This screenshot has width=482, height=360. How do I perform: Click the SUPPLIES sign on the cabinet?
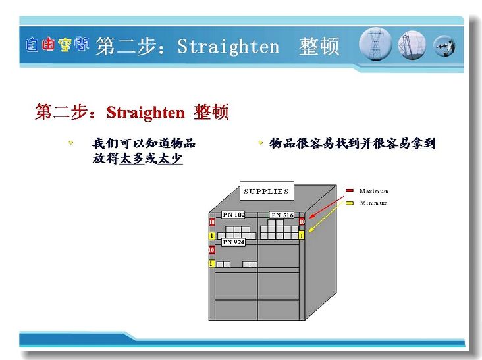coord(267,191)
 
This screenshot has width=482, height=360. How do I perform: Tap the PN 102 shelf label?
coord(233,215)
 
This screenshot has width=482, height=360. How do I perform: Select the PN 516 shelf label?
coord(282,215)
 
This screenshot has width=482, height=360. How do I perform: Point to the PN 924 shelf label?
coord(233,242)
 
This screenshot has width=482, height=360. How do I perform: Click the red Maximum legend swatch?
coord(350,190)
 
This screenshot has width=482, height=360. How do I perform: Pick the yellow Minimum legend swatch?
coord(350,203)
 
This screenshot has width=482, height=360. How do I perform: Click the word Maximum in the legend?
coord(374,191)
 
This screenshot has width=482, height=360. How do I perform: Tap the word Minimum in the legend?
coord(373,203)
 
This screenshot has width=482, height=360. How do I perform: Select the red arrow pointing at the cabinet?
coord(326,208)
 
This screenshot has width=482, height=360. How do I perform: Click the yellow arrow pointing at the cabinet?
coord(325,217)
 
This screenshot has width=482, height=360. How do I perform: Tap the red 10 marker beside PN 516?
coord(302,222)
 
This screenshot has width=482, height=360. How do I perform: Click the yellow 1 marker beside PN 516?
coord(302,236)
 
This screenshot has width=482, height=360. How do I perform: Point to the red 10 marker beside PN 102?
coord(212,222)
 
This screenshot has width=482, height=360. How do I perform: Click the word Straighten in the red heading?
coord(146,112)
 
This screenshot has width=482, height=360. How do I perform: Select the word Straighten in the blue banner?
coord(228,46)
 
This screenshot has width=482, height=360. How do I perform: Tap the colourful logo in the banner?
coord(57,45)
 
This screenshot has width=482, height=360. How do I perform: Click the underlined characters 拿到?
coord(423,143)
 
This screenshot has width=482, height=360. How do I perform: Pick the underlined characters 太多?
coord(132,159)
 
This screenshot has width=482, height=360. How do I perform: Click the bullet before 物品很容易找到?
coord(261,143)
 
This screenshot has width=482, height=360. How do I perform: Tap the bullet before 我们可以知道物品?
coord(71,143)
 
